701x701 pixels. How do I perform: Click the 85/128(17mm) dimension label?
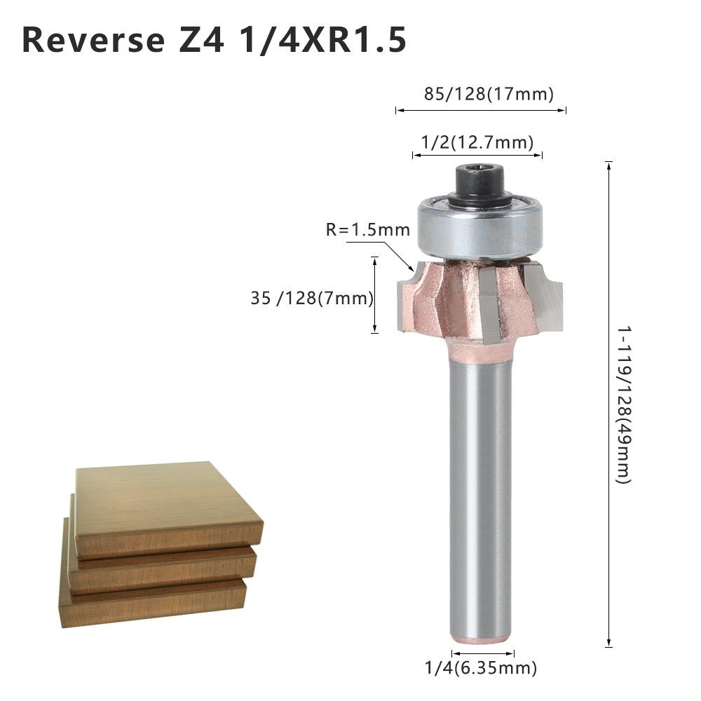tap(489, 93)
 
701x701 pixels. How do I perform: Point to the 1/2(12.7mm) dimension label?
tap(477, 142)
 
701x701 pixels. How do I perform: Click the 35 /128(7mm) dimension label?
tap(311, 298)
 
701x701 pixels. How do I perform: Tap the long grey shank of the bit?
tap(481, 491)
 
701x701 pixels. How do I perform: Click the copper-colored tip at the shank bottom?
tap(481, 639)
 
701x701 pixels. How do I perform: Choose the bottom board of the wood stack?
tap(154, 603)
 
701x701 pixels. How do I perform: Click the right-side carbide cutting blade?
tap(547, 294)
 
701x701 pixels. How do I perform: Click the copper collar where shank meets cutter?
tap(481, 350)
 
